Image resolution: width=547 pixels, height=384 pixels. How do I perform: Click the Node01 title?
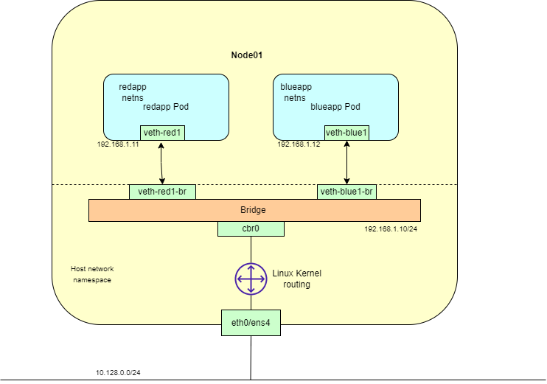[x=248, y=55]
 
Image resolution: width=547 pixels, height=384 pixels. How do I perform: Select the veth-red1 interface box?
[x=162, y=133]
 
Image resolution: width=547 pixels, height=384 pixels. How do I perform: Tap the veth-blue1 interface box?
[x=346, y=133]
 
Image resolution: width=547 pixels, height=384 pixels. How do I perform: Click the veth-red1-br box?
[x=162, y=192]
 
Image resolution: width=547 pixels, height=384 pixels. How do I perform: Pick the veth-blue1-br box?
[x=346, y=192]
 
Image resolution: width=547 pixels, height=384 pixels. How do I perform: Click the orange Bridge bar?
[x=254, y=210]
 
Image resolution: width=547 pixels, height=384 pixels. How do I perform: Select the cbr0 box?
[x=251, y=229]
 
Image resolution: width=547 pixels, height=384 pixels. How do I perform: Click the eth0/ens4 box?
[x=251, y=322]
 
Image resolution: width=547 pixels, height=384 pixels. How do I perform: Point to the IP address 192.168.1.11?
[x=119, y=144]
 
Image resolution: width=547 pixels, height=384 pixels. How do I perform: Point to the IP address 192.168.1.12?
[x=299, y=144]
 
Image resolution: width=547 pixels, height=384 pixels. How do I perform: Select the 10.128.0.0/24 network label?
[x=118, y=373]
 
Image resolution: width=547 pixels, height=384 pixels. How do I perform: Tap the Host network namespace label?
[x=92, y=274]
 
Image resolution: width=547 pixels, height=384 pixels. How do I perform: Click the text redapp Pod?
[x=166, y=107]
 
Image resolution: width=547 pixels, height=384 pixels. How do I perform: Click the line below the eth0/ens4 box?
[x=251, y=357]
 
